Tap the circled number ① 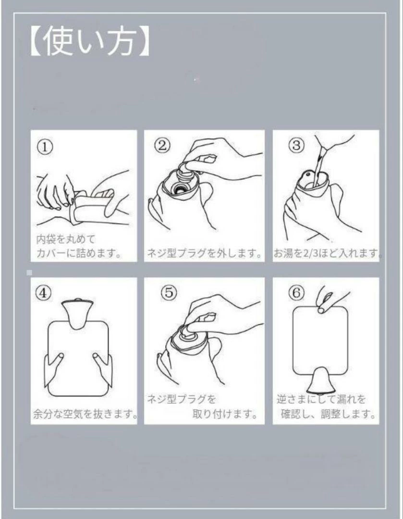pos(45,147)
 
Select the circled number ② pos(162,145)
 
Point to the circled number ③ pos(296,145)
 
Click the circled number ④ pos(44,293)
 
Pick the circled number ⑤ pos(169,292)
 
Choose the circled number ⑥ pos(296,292)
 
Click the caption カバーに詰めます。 pos(79,253)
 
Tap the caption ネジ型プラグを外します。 pos(204,254)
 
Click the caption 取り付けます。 pos(225,414)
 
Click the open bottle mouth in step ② pos(181,190)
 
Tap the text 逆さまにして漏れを pos(321,399)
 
